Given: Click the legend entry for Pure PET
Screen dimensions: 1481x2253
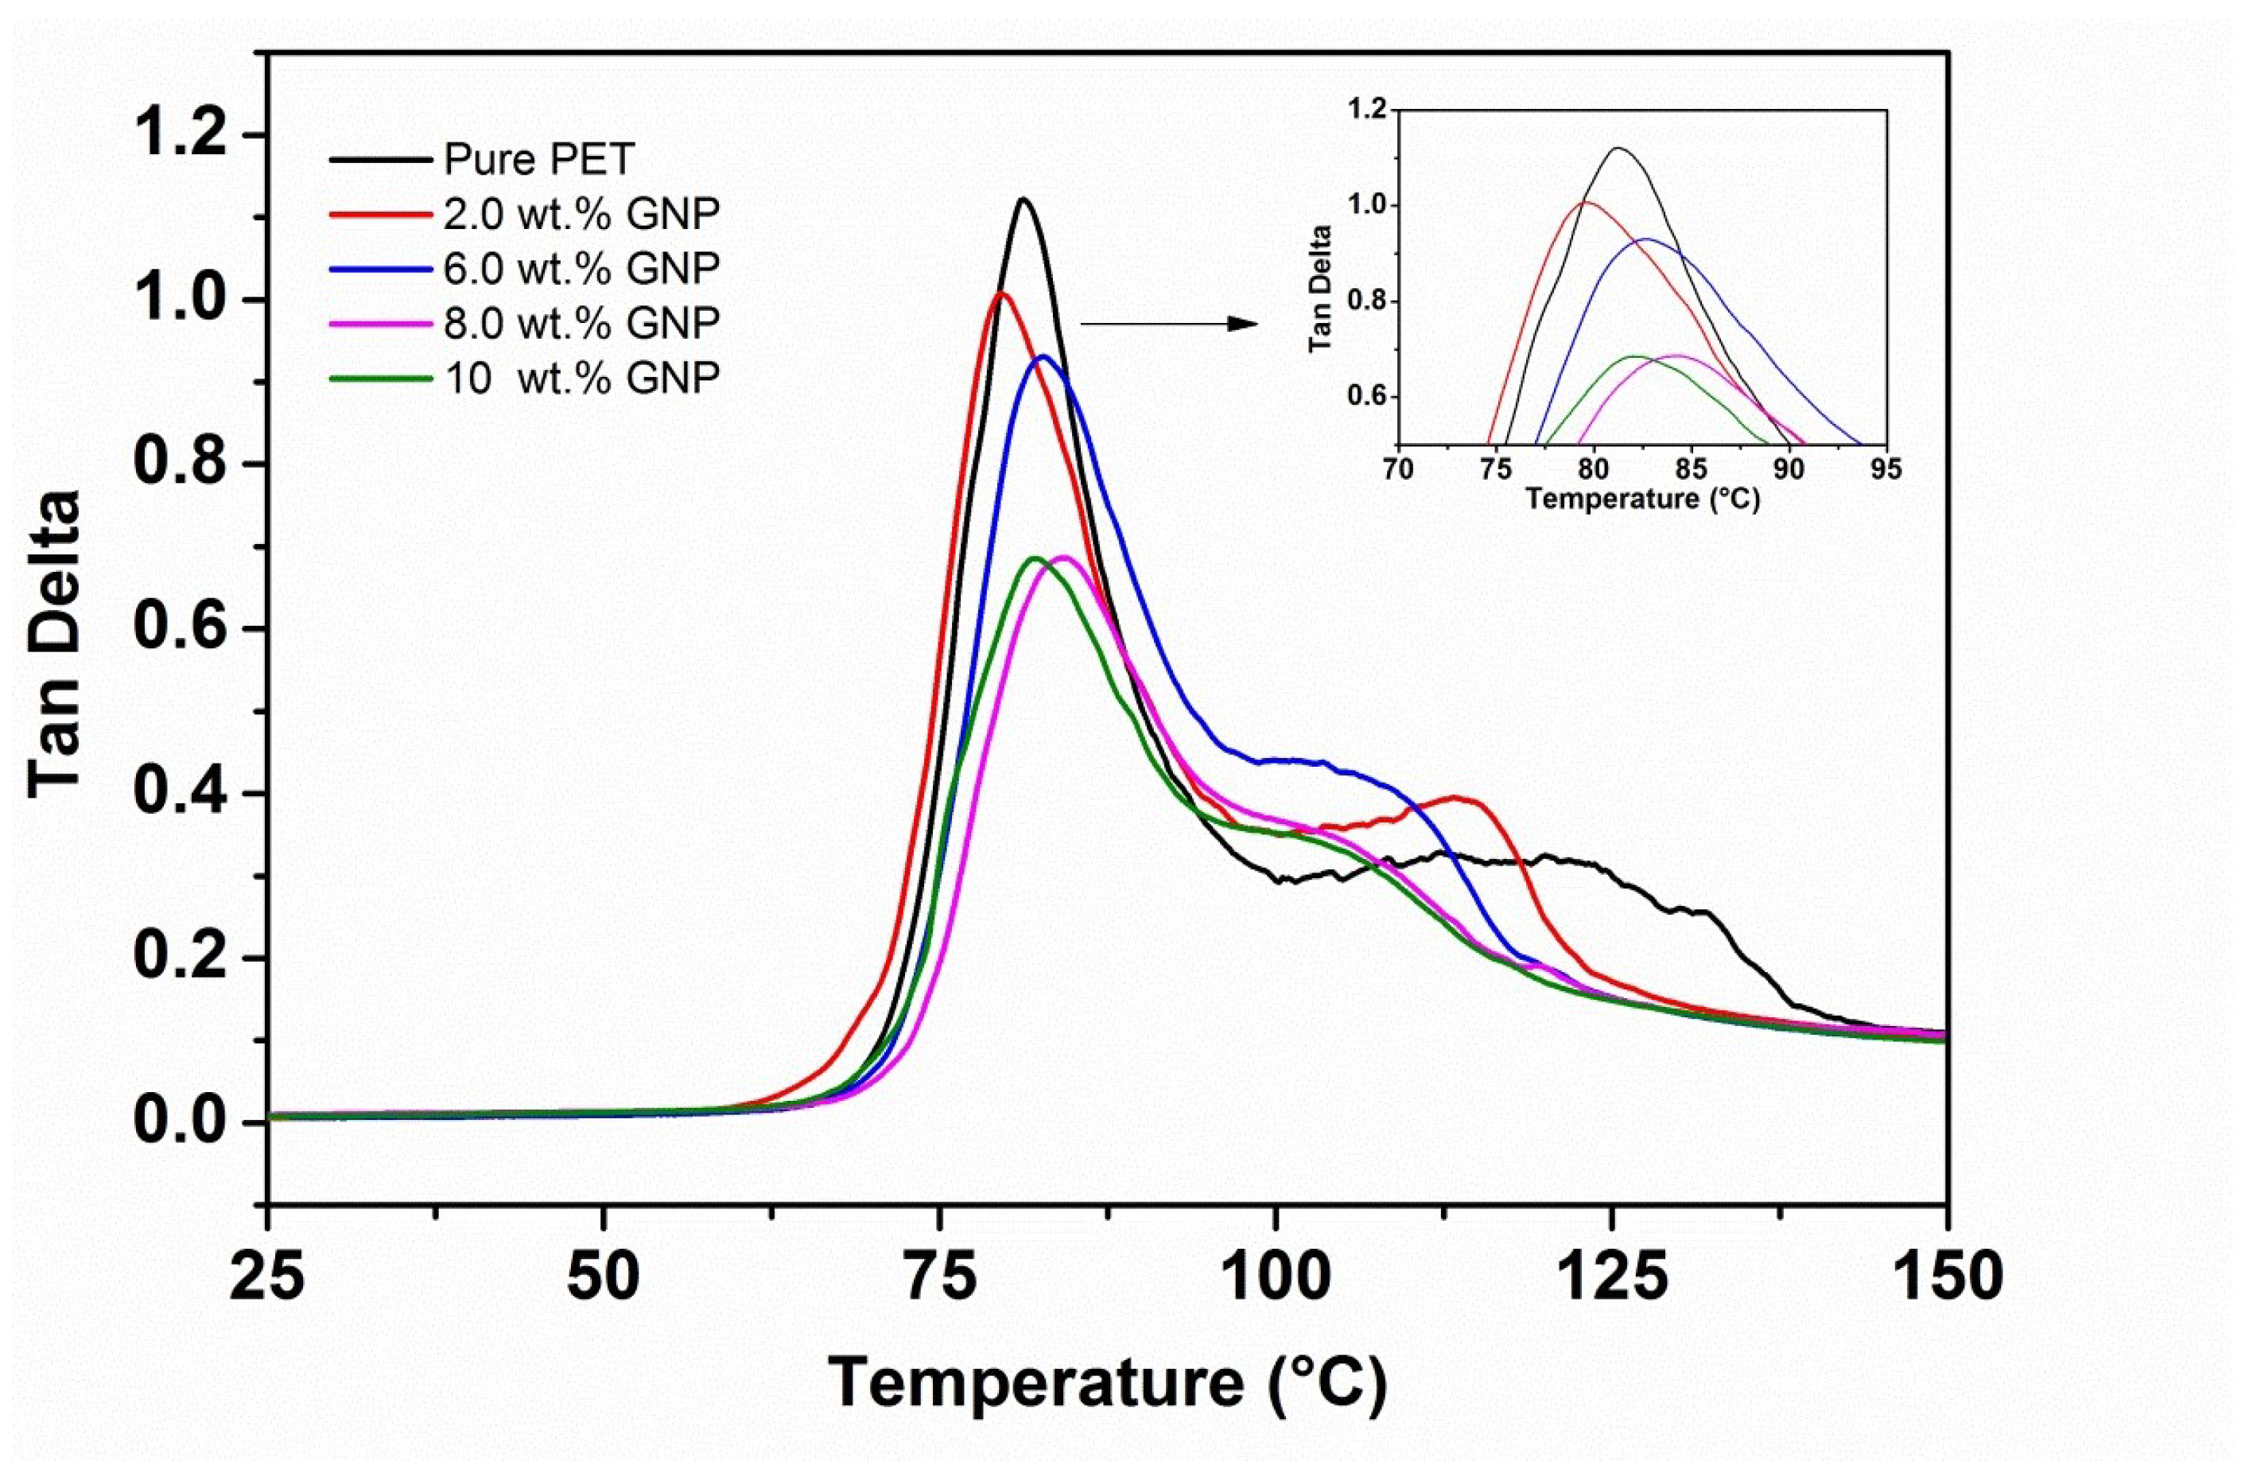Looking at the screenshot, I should point(538,159).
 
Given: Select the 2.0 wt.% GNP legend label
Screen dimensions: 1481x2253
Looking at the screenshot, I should point(581,214).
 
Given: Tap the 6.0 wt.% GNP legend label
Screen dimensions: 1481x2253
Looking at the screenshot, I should point(581,268).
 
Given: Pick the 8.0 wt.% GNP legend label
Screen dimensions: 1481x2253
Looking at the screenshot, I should point(581,323).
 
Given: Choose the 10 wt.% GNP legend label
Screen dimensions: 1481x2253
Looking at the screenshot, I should point(581,378).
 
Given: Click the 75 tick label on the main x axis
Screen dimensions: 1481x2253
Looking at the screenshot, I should point(939,1277).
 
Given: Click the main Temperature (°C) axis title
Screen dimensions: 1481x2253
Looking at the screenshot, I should point(1108,1383).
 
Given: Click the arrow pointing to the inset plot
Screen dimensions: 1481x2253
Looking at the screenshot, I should point(1169,324).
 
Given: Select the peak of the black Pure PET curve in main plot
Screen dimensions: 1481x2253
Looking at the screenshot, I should point(1024,199).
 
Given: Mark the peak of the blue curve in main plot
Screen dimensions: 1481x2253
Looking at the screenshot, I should point(1043,356).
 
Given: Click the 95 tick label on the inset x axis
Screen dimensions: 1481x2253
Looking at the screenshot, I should point(1886,470).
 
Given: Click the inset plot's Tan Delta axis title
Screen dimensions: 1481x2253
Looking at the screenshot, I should point(1322,290).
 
